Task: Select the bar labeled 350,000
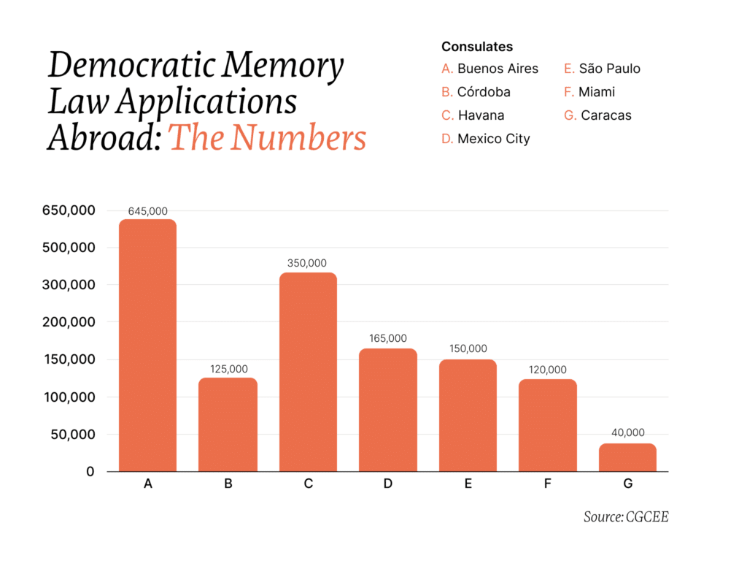308,372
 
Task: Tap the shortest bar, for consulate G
627,457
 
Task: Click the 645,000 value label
148,211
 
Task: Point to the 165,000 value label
387,338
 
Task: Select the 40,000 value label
627,432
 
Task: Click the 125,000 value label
228,369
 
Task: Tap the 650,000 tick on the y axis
69,210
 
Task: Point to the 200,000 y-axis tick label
69,322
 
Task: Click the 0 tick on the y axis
90,472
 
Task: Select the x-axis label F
548,484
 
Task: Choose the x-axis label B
228,484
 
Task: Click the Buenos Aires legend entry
490,69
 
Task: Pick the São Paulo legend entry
602,69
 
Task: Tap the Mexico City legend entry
486,139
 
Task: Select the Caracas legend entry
597,115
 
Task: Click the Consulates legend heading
477,47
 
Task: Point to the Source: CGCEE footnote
626,517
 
